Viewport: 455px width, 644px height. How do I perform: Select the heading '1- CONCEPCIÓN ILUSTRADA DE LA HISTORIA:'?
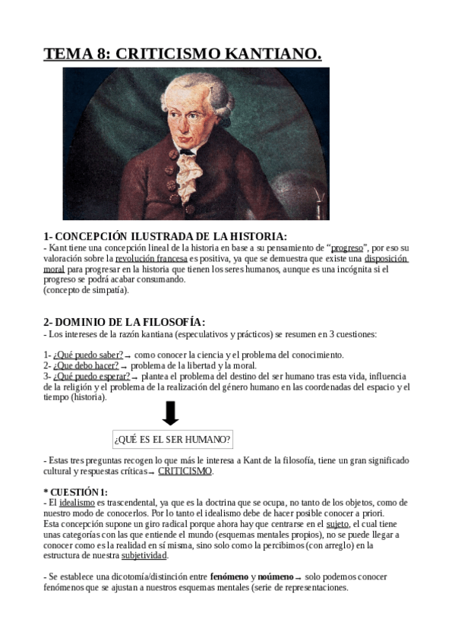tap(165, 237)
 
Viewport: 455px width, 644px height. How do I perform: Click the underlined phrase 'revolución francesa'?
tap(151, 259)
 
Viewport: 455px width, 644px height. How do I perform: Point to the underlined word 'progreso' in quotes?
tap(346, 248)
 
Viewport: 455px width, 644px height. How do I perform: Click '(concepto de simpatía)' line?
tap(86, 290)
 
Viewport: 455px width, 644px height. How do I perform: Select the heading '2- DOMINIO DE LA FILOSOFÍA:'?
tap(124, 323)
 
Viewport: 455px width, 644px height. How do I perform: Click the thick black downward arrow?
tap(171, 413)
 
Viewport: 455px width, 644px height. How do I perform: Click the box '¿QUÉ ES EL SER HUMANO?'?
tap(172, 440)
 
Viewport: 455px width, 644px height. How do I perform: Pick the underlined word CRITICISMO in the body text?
tap(185, 471)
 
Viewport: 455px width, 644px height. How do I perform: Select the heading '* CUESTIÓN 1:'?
tap(76, 492)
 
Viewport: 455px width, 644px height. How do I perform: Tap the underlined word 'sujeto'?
tap(337, 524)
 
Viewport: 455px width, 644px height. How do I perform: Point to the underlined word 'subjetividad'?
tap(144, 556)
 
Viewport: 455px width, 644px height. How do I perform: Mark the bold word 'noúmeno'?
tap(275, 577)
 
